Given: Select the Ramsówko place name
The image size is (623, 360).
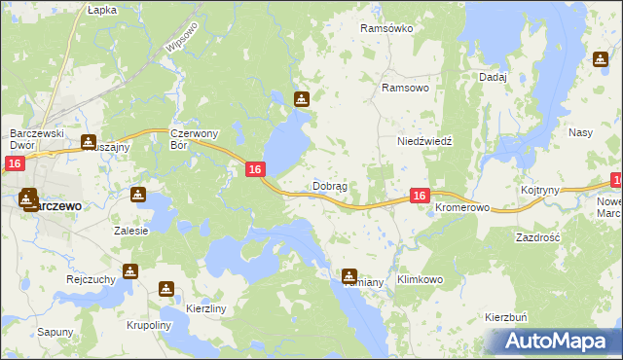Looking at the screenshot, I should (386, 29).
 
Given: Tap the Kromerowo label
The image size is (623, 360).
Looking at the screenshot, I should (460, 209).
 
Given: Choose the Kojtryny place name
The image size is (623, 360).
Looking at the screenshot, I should (539, 191).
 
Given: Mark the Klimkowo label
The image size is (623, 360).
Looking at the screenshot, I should (420, 279).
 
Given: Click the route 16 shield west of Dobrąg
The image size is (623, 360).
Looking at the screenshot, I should (254, 169).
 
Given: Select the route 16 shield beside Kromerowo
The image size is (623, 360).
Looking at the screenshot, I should (419, 196).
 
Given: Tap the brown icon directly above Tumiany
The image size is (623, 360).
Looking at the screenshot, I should (349, 275).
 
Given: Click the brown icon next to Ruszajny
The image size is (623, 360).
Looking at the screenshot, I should (89, 142).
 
